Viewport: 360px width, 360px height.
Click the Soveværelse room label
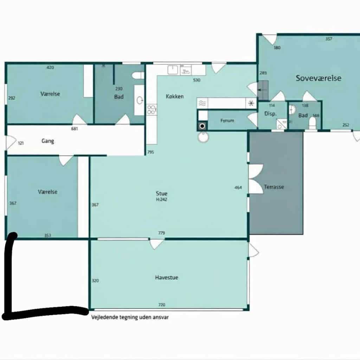(x=319, y=78)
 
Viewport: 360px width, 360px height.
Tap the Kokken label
(x=175, y=96)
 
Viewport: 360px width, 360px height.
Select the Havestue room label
(x=167, y=278)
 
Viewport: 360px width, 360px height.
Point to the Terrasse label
(x=274, y=187)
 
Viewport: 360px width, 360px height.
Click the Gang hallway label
(x=48, y=141)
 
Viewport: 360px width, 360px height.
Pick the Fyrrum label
(x=227, y=121)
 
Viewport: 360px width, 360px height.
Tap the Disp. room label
(x=270, y=114)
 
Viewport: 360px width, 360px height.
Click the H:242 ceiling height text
(x=162, y=200)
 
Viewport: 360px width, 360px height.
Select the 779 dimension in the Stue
(x=162, y=233)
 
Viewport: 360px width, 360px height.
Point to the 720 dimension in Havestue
(x=162, y=305)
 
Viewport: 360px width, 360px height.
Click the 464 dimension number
(x=238, y=188)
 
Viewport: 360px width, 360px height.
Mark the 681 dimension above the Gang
(x=75, y=129)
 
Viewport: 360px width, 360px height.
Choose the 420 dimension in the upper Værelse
(x=50, y=67)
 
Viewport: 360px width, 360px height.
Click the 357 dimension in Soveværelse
(x=329, y=39)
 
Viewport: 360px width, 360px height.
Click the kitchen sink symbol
(x=173, y=70)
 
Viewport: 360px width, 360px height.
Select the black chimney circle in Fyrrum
(x=202, y=126)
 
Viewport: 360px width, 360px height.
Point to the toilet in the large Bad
(x=138, y=76)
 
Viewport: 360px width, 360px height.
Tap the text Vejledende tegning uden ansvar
(x=130, y=317)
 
